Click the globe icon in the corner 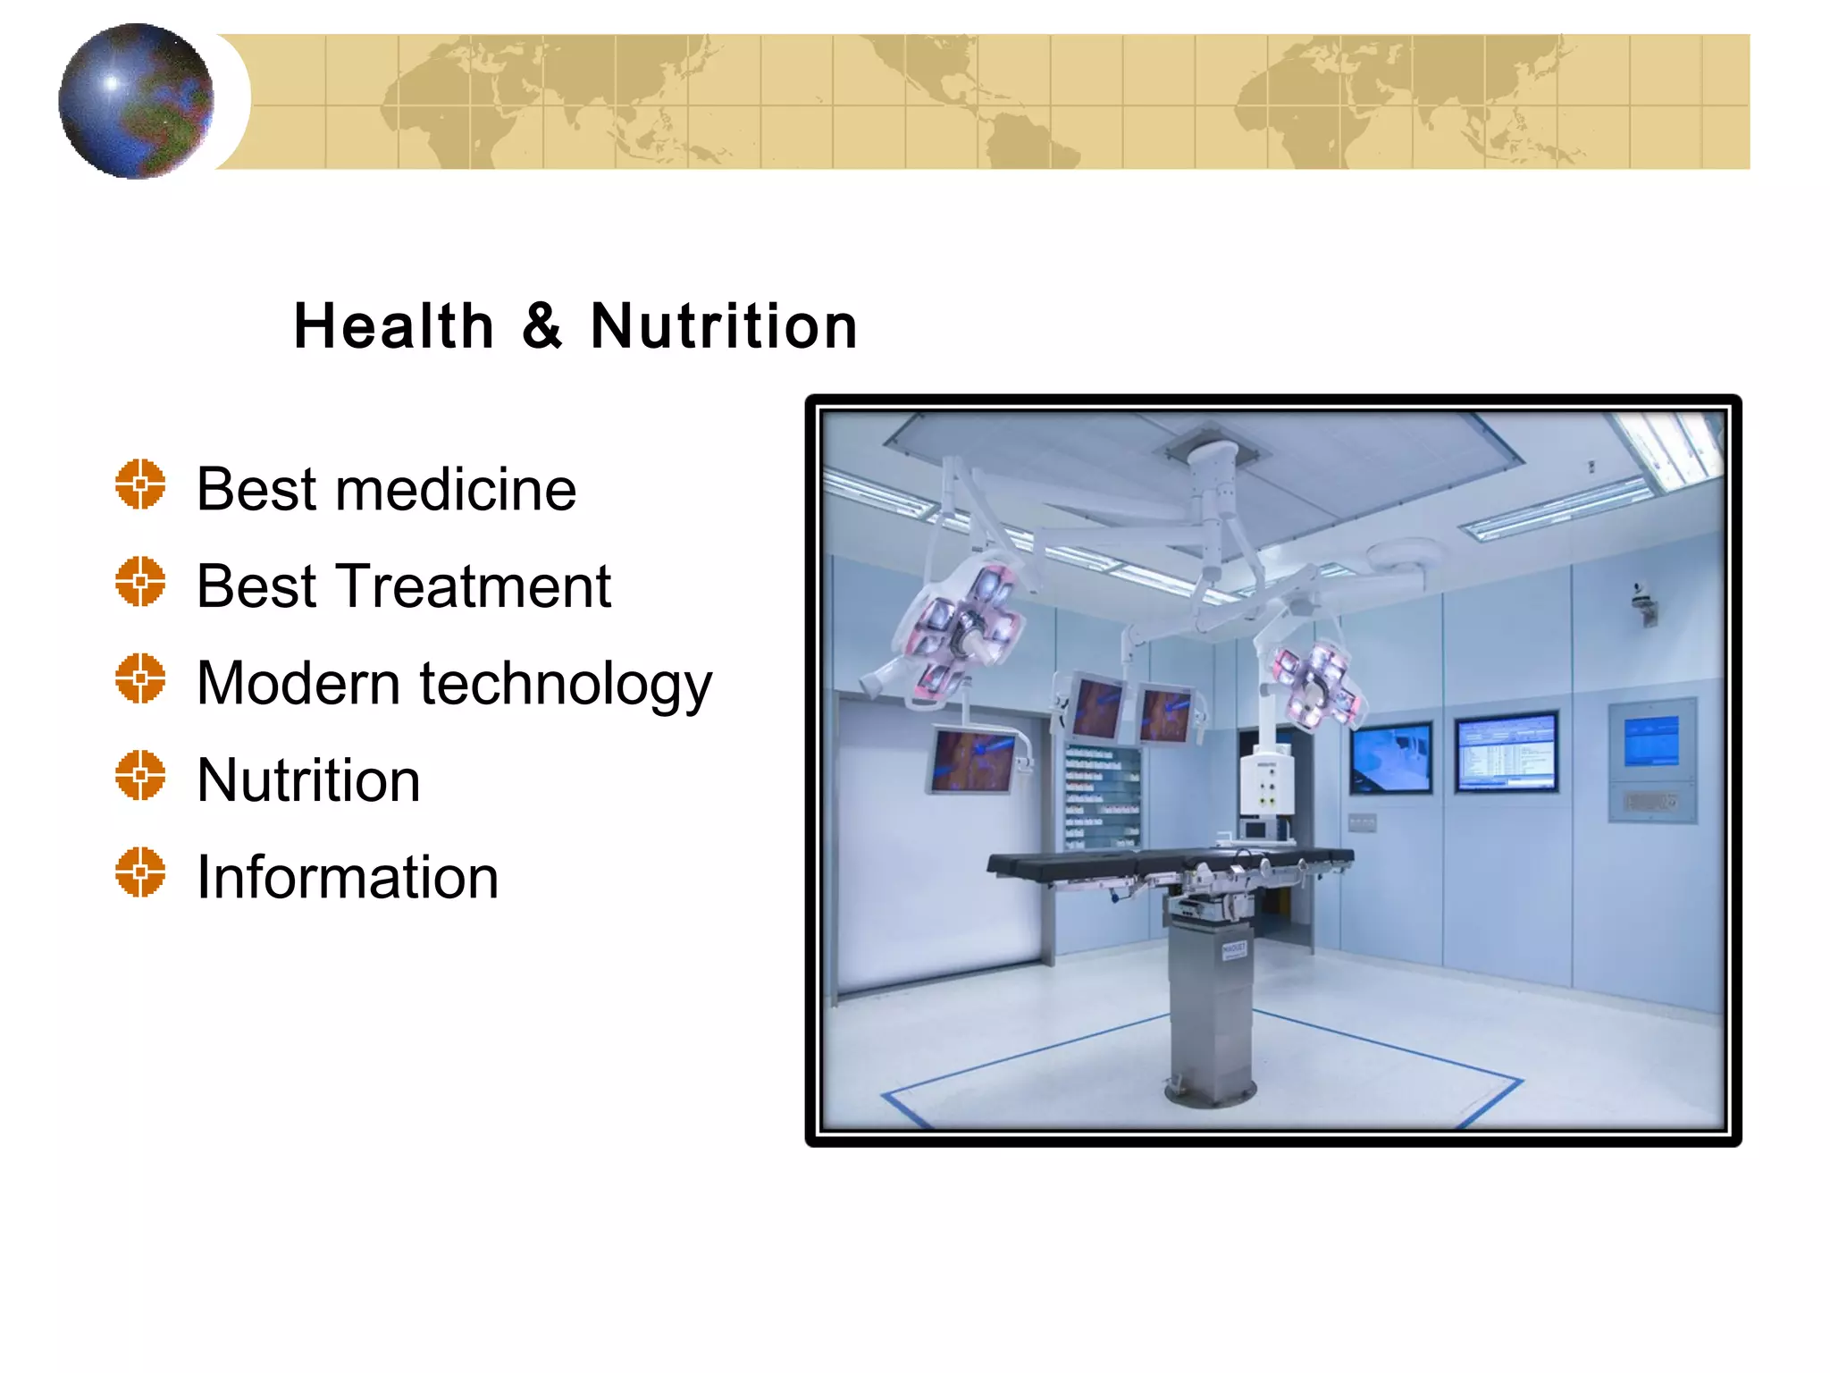click(136, 101)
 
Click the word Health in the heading click(393, 326)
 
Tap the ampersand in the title click(542, 326)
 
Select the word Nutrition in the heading click(724, 326)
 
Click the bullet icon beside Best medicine click(140, 484)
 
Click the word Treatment click(473, 586)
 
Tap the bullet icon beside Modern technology click(140, 678)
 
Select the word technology click(566, 685)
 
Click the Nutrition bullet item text click(308, 780)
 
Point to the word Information click(348, 877)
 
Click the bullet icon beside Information click(140, 872)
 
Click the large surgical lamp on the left click(961, 630)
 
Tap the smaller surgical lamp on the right click(1317, 684)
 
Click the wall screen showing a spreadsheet click(1506, 752)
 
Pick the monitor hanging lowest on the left click(972, 760)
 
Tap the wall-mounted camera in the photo click(1644, 604)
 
